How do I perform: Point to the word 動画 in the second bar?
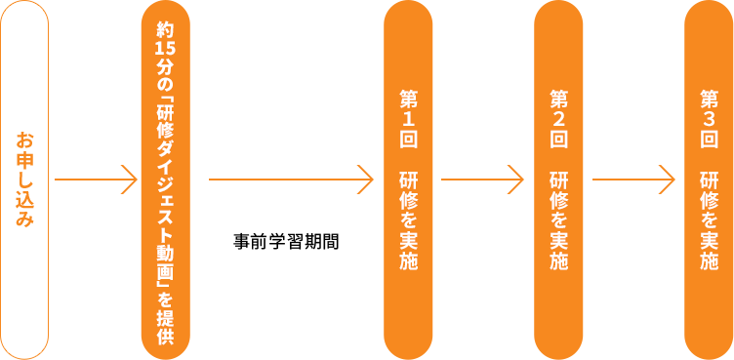pyautogui.click(x=165, y=256)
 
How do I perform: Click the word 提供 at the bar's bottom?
pyautogui.click(x=165, y=326)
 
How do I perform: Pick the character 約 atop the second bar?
pyautogui.click(x=165, y=29)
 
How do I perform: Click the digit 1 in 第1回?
pyautogui.click(x=408, y=118)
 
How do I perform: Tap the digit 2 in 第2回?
pyautogui.click(x=558, y=118)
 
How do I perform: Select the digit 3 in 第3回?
pyautogui.click(x=709, y=118)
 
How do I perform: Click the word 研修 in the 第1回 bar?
pyautogui.click(x=408, y=191)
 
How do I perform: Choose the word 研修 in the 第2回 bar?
pyautogui.click(x=558, y=191)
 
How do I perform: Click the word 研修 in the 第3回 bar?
pyautogui.click(x=709, y=191)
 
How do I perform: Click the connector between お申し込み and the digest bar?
pyautogui.click(x=96, y=180)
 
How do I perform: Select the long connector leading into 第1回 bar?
pyautogui.click(x=291, y=180)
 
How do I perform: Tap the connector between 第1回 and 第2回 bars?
pyautogui.click(x=482, y=180)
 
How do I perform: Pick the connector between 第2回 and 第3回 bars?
pyautogui.click(x=633, y=180)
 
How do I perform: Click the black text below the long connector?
pyautogui.click(x=286, y=240)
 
